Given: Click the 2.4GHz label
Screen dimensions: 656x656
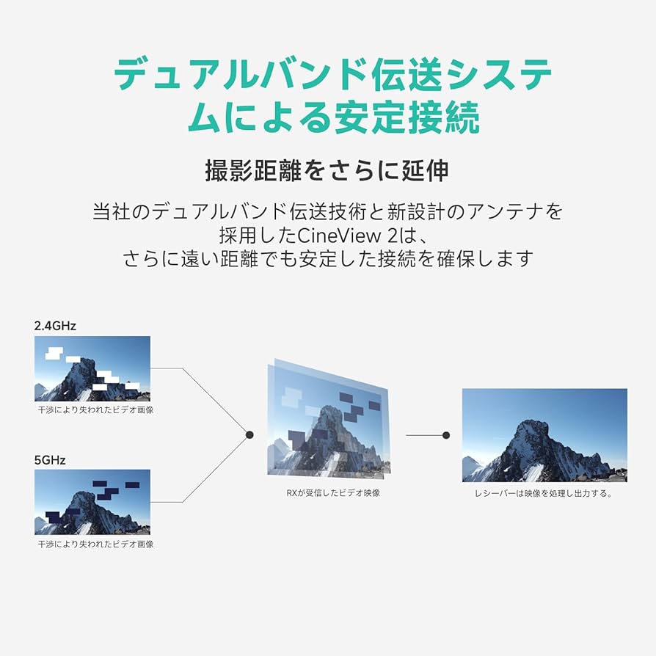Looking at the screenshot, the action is pos(55,324).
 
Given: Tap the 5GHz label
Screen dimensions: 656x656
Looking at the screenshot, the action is pos(50,460).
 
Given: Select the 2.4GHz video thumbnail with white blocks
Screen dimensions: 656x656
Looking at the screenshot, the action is pos(92,368).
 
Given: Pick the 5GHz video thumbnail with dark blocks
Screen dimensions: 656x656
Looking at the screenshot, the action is pos(92,502).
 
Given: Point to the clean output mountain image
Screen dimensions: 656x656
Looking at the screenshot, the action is pos(544,434).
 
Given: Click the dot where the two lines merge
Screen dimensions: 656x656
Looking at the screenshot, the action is pos(249,435).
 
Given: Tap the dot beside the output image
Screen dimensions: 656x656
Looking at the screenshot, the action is pos(446,435).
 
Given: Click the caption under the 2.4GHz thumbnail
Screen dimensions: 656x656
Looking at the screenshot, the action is pos(95,410).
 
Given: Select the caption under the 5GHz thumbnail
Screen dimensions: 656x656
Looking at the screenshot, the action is pos(95,544).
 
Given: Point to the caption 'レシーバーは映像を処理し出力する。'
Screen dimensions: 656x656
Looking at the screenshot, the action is pos(543,493).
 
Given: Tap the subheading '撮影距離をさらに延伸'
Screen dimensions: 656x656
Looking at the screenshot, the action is pos(327,170).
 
